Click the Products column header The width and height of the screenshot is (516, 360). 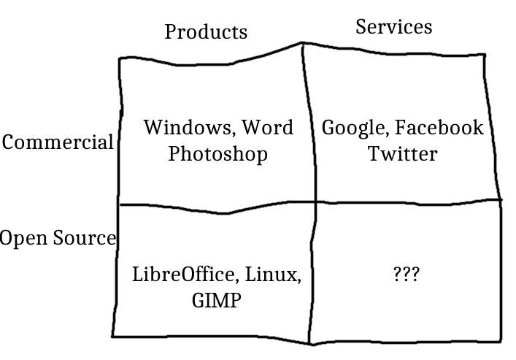[206, 32]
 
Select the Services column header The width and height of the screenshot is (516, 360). [393, 27]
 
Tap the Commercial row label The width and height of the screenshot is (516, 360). [58, 142]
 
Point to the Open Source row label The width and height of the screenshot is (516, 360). [57, 238]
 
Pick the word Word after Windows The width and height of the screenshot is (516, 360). [267, 128]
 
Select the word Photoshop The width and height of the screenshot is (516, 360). [218, 155]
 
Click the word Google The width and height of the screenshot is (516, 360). [353, 128]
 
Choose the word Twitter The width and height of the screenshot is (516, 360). [402, 154]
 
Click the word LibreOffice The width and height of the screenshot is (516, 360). [182, 275]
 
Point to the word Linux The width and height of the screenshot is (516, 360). [273, 275]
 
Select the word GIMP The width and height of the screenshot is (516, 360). [215, 301]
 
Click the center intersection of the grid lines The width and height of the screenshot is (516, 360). [315, 202]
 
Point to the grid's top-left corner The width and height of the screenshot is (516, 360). [120, 58]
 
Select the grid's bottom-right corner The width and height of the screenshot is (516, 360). [501, 340]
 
